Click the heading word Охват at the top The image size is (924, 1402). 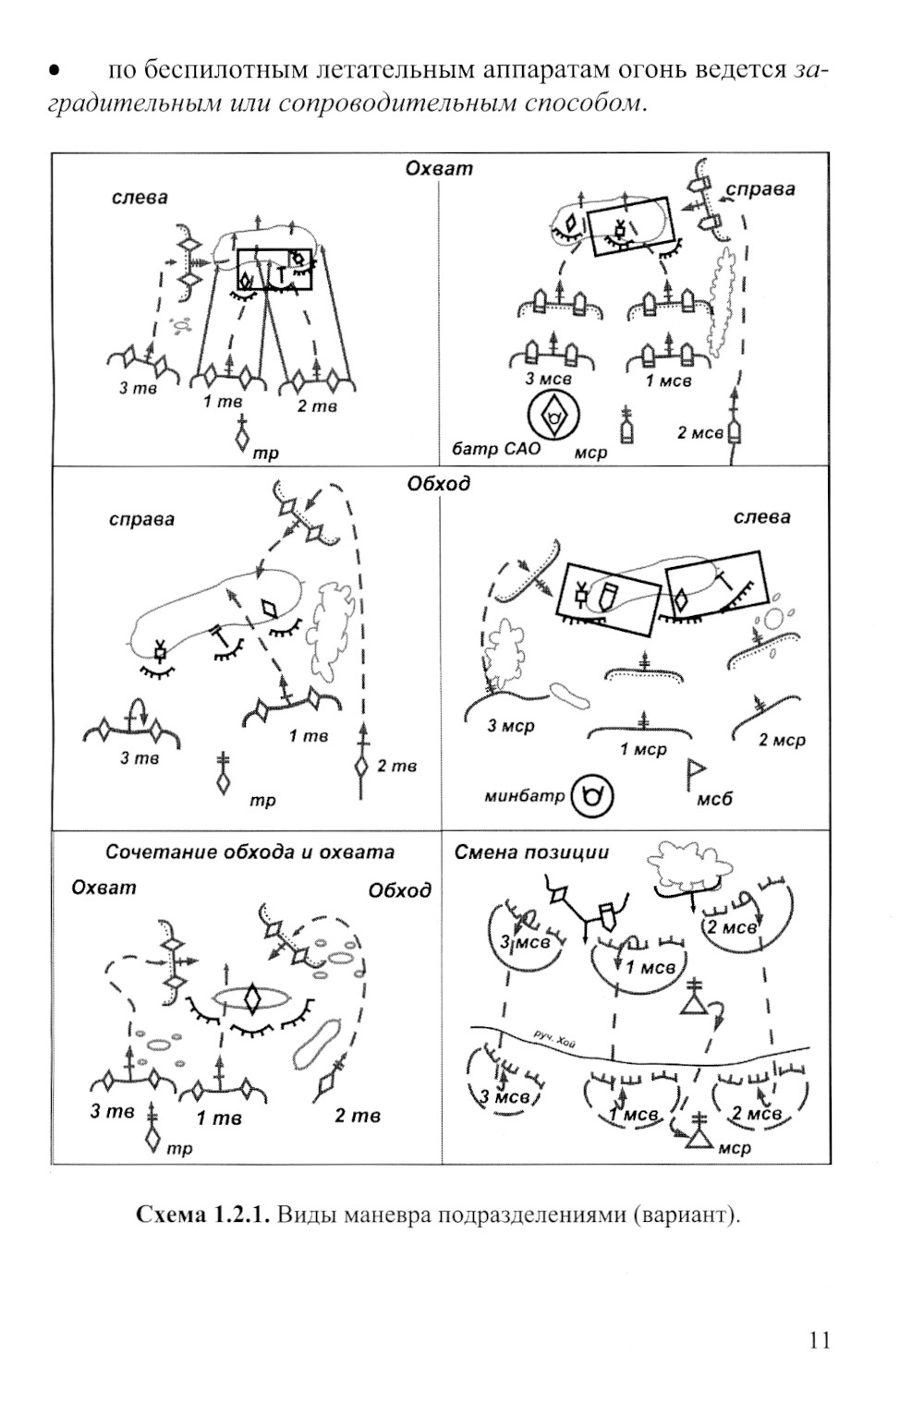click(x=439, y=169)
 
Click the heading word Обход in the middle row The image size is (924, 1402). click(x=438, y=483)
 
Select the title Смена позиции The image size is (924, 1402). click(x=531, y=852)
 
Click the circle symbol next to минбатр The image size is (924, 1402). click(x=592, y=796)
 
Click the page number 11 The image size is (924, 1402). click(x=819, y=1339)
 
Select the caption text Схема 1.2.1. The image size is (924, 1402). click(x=202, y=1214)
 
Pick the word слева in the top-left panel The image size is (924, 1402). click(x=140, y=198)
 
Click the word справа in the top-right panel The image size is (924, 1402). click(x=760, y=189)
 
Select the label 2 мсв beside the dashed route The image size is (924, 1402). click(x=699, y=432)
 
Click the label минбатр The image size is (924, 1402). click(x=524, y=796)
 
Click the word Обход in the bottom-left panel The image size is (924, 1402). click(x=399, y=890)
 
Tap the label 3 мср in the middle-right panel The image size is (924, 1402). click(x=511, y=727)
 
